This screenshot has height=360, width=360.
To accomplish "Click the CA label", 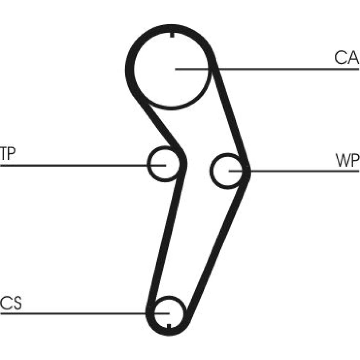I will tap(346, 58).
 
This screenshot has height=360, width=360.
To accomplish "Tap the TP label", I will tap(8, 154).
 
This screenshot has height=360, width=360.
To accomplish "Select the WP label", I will tap(347, 161).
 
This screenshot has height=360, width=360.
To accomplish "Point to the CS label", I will tap(11, 303).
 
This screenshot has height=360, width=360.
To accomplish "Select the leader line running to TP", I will tap(72, 165).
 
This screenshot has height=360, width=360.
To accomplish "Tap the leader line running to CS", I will tap(72, 313).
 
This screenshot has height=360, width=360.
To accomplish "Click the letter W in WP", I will tap(342, 161).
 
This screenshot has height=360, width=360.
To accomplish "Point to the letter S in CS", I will tap(17, 303).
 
